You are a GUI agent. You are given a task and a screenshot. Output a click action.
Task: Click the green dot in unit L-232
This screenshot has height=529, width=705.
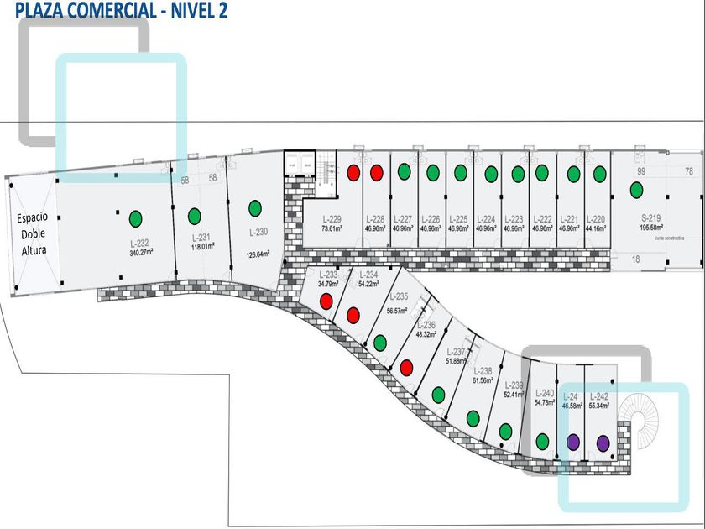pyautogui.click(x=135, y=219)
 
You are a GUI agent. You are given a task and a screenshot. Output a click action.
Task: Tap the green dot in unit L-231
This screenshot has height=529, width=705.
pyautogui.click(x=194, y=215)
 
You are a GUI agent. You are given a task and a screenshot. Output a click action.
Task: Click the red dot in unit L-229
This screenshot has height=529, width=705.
pyautogui.click(x=353, y=172)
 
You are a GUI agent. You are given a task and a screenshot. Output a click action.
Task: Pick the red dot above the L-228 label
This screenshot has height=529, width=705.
pyautogui.click(x=377, y=172)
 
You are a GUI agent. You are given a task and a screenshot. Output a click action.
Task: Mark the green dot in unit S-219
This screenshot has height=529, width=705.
pyautogui.click(x=636, y=190)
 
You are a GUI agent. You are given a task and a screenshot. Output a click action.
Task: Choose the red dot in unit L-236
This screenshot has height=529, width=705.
pyautogui.click(x=406, y=367)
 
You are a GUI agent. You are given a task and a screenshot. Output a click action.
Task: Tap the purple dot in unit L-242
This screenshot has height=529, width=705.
pyautogui.click(x=603, y=443)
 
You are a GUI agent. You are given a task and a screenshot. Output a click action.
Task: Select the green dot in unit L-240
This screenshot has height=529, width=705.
pyautogui.click(x=543, y=441)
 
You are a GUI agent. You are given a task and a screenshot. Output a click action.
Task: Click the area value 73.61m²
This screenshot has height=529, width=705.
pyautogui.click(x=330, y=227)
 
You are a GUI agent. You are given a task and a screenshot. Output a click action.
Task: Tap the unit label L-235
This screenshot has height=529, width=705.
pyautogui.click(x=397, y=296)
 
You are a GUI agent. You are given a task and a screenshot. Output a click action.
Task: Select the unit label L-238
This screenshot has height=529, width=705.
pyautogui.click(x=483, y=370)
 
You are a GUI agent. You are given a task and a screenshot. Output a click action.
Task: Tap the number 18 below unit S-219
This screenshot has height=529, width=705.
pyautogui.click(x=636, y=260)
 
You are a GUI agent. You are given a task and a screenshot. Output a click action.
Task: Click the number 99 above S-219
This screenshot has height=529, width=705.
pyautogui.click(x=640, y=171)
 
